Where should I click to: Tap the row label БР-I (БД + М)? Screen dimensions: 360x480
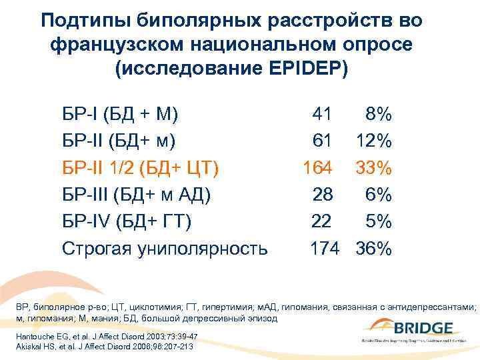pyautogui.click(x=120, y=114)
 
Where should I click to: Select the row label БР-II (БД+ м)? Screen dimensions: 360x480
pyautogui.click(x=119, y=141)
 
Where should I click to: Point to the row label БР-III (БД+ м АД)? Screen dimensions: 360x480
pyautogui.click(x=136, y=195)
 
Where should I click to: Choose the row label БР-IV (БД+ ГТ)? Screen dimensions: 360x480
pyautogui.click(x=127, y=221)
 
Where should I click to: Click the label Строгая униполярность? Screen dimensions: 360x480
pyautogui.click(x=165, y=249)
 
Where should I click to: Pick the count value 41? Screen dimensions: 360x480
pyautogui.click(x=322, y=114)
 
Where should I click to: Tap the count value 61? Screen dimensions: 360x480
pyautogui.click(x=322, y=141)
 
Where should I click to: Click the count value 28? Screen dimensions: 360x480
pyautogui.click(x=323, y=195)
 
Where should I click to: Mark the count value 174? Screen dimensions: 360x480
pyautogui.click(x=325, y=249)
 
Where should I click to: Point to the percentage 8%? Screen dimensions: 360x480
pyautogui.click(x=378, y=114)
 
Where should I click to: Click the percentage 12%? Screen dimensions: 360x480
pyautogui.click(x=373, y=141)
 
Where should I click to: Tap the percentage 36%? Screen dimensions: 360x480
pyautogui.click(x=373, y=249)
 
